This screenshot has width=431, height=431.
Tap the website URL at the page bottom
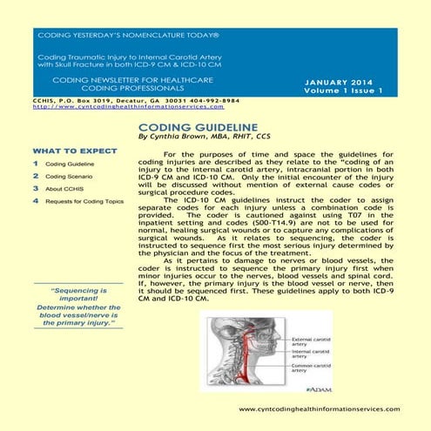pos(319,409)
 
